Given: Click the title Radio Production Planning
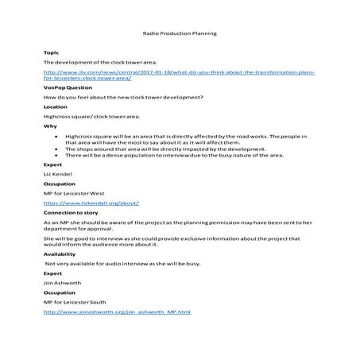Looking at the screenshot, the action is [x=180, y=34].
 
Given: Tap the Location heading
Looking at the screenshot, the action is [x=56, y=106].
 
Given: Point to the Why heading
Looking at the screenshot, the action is [x=50, y=126].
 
